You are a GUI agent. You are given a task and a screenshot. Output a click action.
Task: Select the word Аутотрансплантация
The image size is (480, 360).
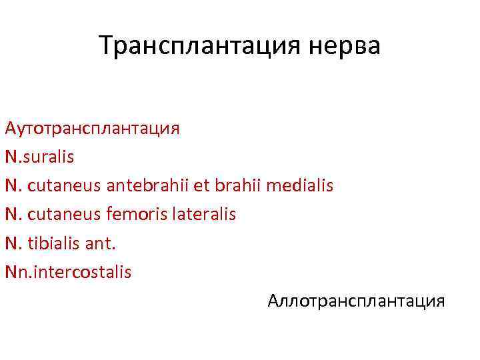click(x=92, y=128)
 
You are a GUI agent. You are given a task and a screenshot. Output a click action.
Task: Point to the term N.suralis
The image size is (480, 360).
click(x=39, y=157)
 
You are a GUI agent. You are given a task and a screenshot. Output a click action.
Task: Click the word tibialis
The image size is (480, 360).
click(x=55, y=243)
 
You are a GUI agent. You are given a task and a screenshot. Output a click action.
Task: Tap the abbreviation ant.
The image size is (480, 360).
click(x=100, y=243)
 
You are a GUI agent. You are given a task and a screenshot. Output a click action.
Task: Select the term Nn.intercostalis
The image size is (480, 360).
click(x=68, y=271)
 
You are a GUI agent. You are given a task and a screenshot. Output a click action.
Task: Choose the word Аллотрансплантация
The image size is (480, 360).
click(x=356, y=301)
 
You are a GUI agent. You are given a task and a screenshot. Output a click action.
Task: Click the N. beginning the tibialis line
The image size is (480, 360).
click(x=13, y=243)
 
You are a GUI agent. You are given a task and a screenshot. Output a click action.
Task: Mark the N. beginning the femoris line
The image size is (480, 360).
click(x=13, y=214)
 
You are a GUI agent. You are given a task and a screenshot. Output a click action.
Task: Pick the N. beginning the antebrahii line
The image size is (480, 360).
click(x=13, y=185)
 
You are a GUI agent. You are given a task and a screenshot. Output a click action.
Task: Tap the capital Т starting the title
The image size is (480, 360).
click(x=105, y=46)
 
